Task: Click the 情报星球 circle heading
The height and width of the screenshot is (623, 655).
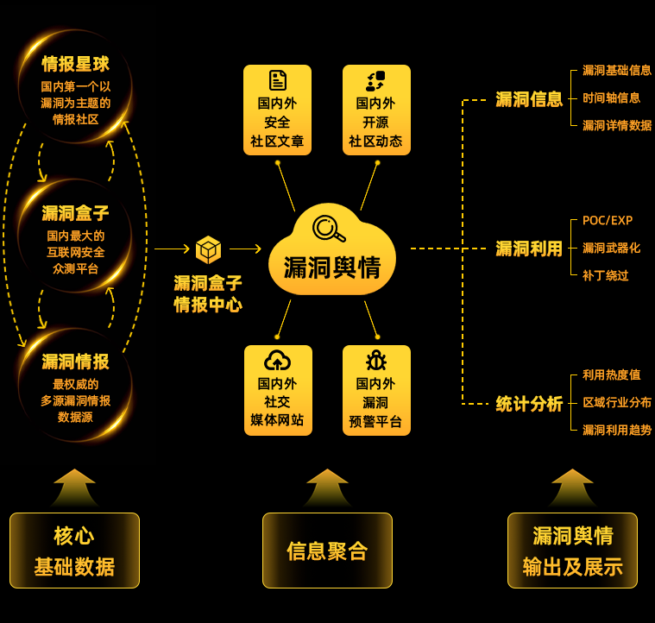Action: pyautogui.click(x=76, y=65)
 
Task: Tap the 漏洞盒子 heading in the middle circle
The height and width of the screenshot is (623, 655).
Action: pyautogui.click(x=76, y=213)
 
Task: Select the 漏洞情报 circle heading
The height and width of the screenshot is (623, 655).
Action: pyautogui.click(x=76, y=362)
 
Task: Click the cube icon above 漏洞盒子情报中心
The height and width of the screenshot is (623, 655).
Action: pyautogui.click(x=208, y=249)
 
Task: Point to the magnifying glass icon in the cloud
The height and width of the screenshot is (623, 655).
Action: pyautogui.click(x=329, y=228)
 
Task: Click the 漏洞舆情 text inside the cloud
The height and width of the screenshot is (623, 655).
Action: pyautogui.click(x=332, y=267)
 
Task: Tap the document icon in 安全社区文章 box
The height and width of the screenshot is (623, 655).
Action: pyautogui.click(x=277, y=81)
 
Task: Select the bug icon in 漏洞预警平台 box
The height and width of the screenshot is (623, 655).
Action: pyautogui.click(x=375, y=361)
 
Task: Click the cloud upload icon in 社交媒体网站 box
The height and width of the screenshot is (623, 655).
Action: pyautogui.click(x=277, y=361)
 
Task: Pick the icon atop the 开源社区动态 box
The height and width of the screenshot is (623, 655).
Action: pyautogui.click(x=375, y=81)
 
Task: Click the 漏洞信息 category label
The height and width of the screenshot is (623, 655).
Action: pyautogui.click(x=529, y=99)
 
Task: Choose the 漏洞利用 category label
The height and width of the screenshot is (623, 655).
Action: pyautogui.click(x=529, y=249)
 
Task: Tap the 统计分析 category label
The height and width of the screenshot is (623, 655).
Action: pyautogui.click(x=529, y=404)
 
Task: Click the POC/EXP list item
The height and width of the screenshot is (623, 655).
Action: pyautogui.click(x=608, y=221)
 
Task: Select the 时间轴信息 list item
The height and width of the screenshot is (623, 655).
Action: pyautogui.click(x=611, y=98)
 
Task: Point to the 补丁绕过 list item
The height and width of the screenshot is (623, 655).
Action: pyautogui.click(x=605, y=275)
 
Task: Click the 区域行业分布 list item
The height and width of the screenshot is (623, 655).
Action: pyautogui.click(x=617, y=403)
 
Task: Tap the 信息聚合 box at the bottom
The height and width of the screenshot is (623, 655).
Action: pyautogui.click(x=327, y=551)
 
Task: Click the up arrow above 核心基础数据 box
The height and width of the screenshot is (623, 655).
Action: pyautogui.click(x=74, y=487)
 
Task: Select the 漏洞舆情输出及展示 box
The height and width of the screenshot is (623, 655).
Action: pyautogui.click(x=572, y=551)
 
